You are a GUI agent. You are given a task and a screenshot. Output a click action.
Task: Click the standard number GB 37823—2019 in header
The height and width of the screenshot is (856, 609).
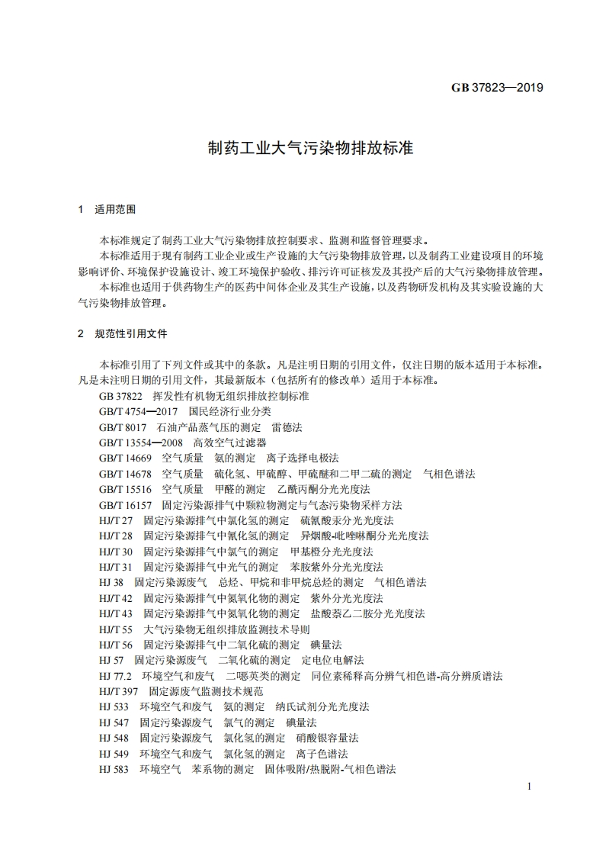(x=496, y=88)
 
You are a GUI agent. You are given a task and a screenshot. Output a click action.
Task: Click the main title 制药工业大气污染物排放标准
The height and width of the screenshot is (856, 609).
(x=310, y=148)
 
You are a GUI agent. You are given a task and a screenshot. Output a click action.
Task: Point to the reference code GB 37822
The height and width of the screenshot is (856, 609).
(x=120, y=397)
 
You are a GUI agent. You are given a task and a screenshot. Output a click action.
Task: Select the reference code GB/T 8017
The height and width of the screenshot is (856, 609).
(x=123, y=427)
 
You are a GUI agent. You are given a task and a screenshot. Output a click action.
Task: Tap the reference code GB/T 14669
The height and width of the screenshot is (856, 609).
(x=125, y=459)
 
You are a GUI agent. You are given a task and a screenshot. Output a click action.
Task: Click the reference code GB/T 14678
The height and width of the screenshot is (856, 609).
(x=125, y=474)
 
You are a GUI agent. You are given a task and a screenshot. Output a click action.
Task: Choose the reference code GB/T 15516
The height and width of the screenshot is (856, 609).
(x=125, y=489)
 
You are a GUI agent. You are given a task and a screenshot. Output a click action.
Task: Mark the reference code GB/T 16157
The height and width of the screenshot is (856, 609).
(x=125, y=505)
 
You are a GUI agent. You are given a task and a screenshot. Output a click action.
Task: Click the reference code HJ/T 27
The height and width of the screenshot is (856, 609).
(x=116, y=520)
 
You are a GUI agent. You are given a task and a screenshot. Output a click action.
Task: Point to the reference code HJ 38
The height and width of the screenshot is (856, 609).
(x=111, y=582)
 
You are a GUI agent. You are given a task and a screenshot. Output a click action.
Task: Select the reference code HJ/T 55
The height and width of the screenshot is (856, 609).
(x=116, y=629)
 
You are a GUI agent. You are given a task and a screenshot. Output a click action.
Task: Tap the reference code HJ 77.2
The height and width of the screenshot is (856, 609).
(x=116, y=676)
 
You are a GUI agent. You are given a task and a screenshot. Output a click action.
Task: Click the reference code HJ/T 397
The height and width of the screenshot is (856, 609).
(x=119, y=691)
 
